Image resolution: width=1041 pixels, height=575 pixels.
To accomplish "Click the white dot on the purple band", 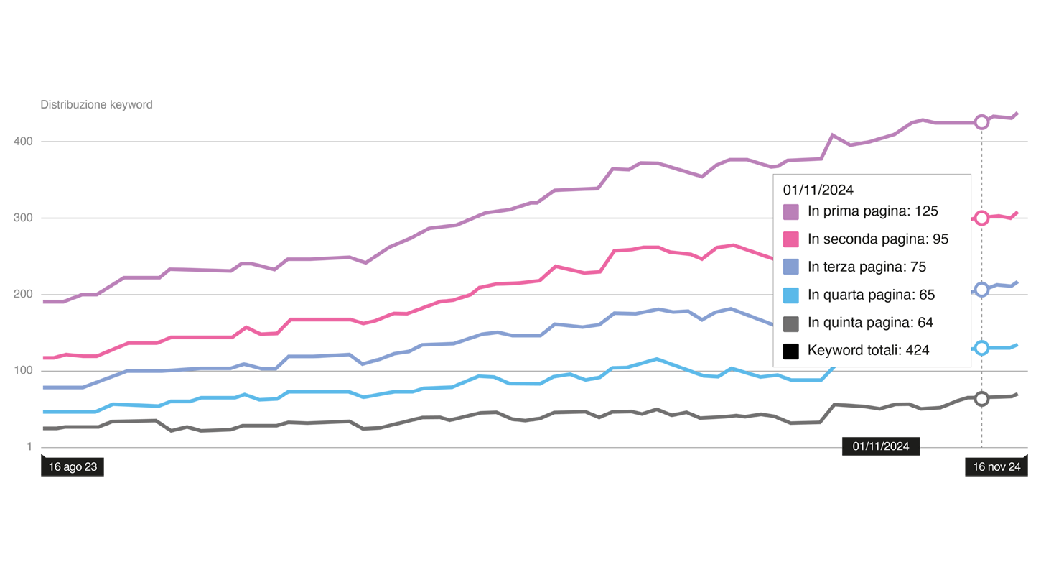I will click(981, 122).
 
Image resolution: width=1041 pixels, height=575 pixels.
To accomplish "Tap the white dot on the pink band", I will click(981, 218).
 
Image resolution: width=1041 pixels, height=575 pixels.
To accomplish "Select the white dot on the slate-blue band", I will click(981, 290).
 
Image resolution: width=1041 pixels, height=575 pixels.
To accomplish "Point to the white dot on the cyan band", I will click(981, 348).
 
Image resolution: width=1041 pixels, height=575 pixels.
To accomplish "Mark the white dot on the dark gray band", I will click(981, 399).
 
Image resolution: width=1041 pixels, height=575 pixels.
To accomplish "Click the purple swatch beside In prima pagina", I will click(790, 212).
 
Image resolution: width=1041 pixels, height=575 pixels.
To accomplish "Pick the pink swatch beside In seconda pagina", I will click(790, 239).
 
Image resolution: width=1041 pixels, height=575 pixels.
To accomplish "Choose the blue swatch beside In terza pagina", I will click(790, 267).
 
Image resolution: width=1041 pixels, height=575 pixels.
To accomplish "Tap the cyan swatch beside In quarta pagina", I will click(790, 295).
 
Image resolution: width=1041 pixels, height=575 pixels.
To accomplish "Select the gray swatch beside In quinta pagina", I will click(790, 323).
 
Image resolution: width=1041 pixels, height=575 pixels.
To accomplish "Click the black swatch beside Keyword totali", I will click(790, 351).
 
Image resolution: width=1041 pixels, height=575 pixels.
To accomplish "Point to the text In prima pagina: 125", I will click(872, 211).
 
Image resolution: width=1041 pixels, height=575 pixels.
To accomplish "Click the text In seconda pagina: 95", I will click(878, 239).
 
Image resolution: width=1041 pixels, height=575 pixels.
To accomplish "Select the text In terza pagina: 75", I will click(867, 267).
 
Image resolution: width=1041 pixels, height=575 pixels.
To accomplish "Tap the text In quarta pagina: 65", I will click(871, 295).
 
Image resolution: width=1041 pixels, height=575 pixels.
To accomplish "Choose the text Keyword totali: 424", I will click(868, 351).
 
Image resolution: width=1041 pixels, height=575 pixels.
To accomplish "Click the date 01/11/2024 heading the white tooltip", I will click(818, 190).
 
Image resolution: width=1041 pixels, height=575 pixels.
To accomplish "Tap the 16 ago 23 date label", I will click(73, 467).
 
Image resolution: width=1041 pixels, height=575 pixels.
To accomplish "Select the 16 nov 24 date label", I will click(996, 467).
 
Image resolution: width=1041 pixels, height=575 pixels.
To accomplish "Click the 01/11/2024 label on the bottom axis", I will click(881, 446).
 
